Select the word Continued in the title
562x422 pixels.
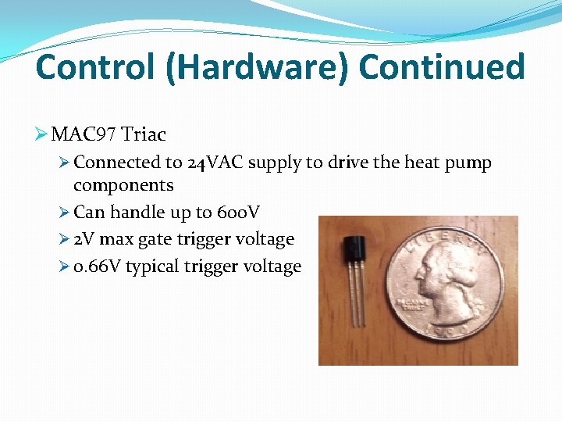coord(442,67)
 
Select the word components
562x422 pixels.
coord(123,185)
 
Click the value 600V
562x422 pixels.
coord(238,212)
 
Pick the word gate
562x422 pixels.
coord(155,239)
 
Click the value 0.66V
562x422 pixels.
coord(97,266)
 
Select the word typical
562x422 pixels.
coord(152,266)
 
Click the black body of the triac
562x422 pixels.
coord(351,249)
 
